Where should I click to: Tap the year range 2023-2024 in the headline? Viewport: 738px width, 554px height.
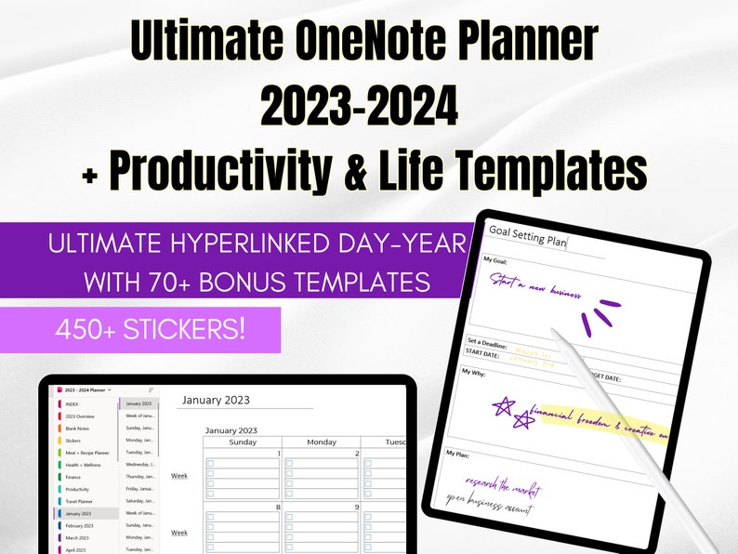tap(359, 108)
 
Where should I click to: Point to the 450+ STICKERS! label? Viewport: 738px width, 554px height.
tap(151, 329)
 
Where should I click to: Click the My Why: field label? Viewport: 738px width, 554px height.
tap(479, 372)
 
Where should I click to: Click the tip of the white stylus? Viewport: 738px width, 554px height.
tap(554, 331)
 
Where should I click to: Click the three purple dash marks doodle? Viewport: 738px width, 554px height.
tap(600, 316)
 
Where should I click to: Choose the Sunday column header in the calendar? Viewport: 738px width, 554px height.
tap(243, 442)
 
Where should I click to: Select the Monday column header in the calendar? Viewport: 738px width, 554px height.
tap(321, 442)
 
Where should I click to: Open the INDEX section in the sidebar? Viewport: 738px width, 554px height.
tap(72, 403)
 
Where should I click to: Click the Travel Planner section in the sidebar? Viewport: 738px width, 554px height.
tap(79, 501)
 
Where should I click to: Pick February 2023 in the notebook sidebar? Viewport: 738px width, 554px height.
tap(81, 525)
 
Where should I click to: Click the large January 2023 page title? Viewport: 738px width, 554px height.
tap(216, 400)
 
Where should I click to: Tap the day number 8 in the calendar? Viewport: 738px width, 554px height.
tap(277, 507)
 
